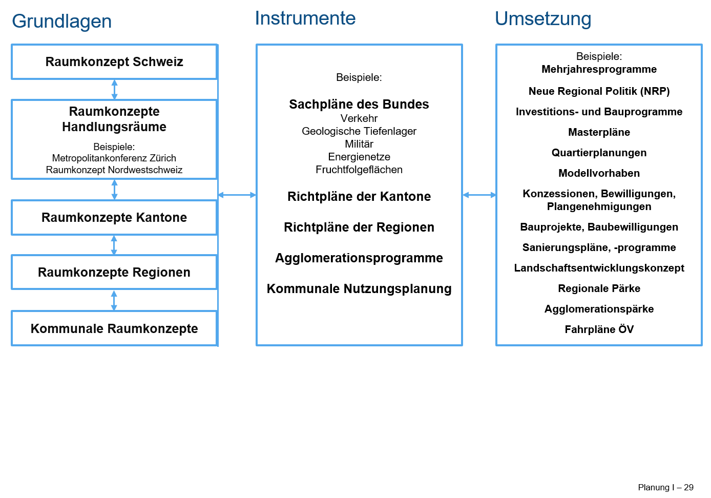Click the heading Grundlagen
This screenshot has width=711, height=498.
tap(61, 22)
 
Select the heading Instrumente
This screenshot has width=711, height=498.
tap(305, 18)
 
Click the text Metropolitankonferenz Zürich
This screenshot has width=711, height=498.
tap(114, 158)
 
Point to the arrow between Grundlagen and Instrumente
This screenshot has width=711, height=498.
tap(237, 195)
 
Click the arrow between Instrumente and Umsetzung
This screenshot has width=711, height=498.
tap(479, 195)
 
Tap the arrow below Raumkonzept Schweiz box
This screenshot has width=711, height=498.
tap(115, 90)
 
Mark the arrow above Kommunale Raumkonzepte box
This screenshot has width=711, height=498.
tap(114, 300)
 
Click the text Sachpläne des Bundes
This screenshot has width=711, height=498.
tap(359, 105)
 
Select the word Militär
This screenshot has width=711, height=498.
tap(359, 144)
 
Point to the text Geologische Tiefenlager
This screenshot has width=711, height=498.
tap(359, 131)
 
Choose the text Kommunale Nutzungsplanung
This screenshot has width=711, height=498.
tap(359, 289)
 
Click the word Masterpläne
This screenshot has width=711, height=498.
tap(599, 132)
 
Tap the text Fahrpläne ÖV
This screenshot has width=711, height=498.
tap(599, 329)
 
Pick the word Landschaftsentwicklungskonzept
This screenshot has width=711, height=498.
tap(599, 268)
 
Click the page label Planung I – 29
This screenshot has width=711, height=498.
tap(665, 487)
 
